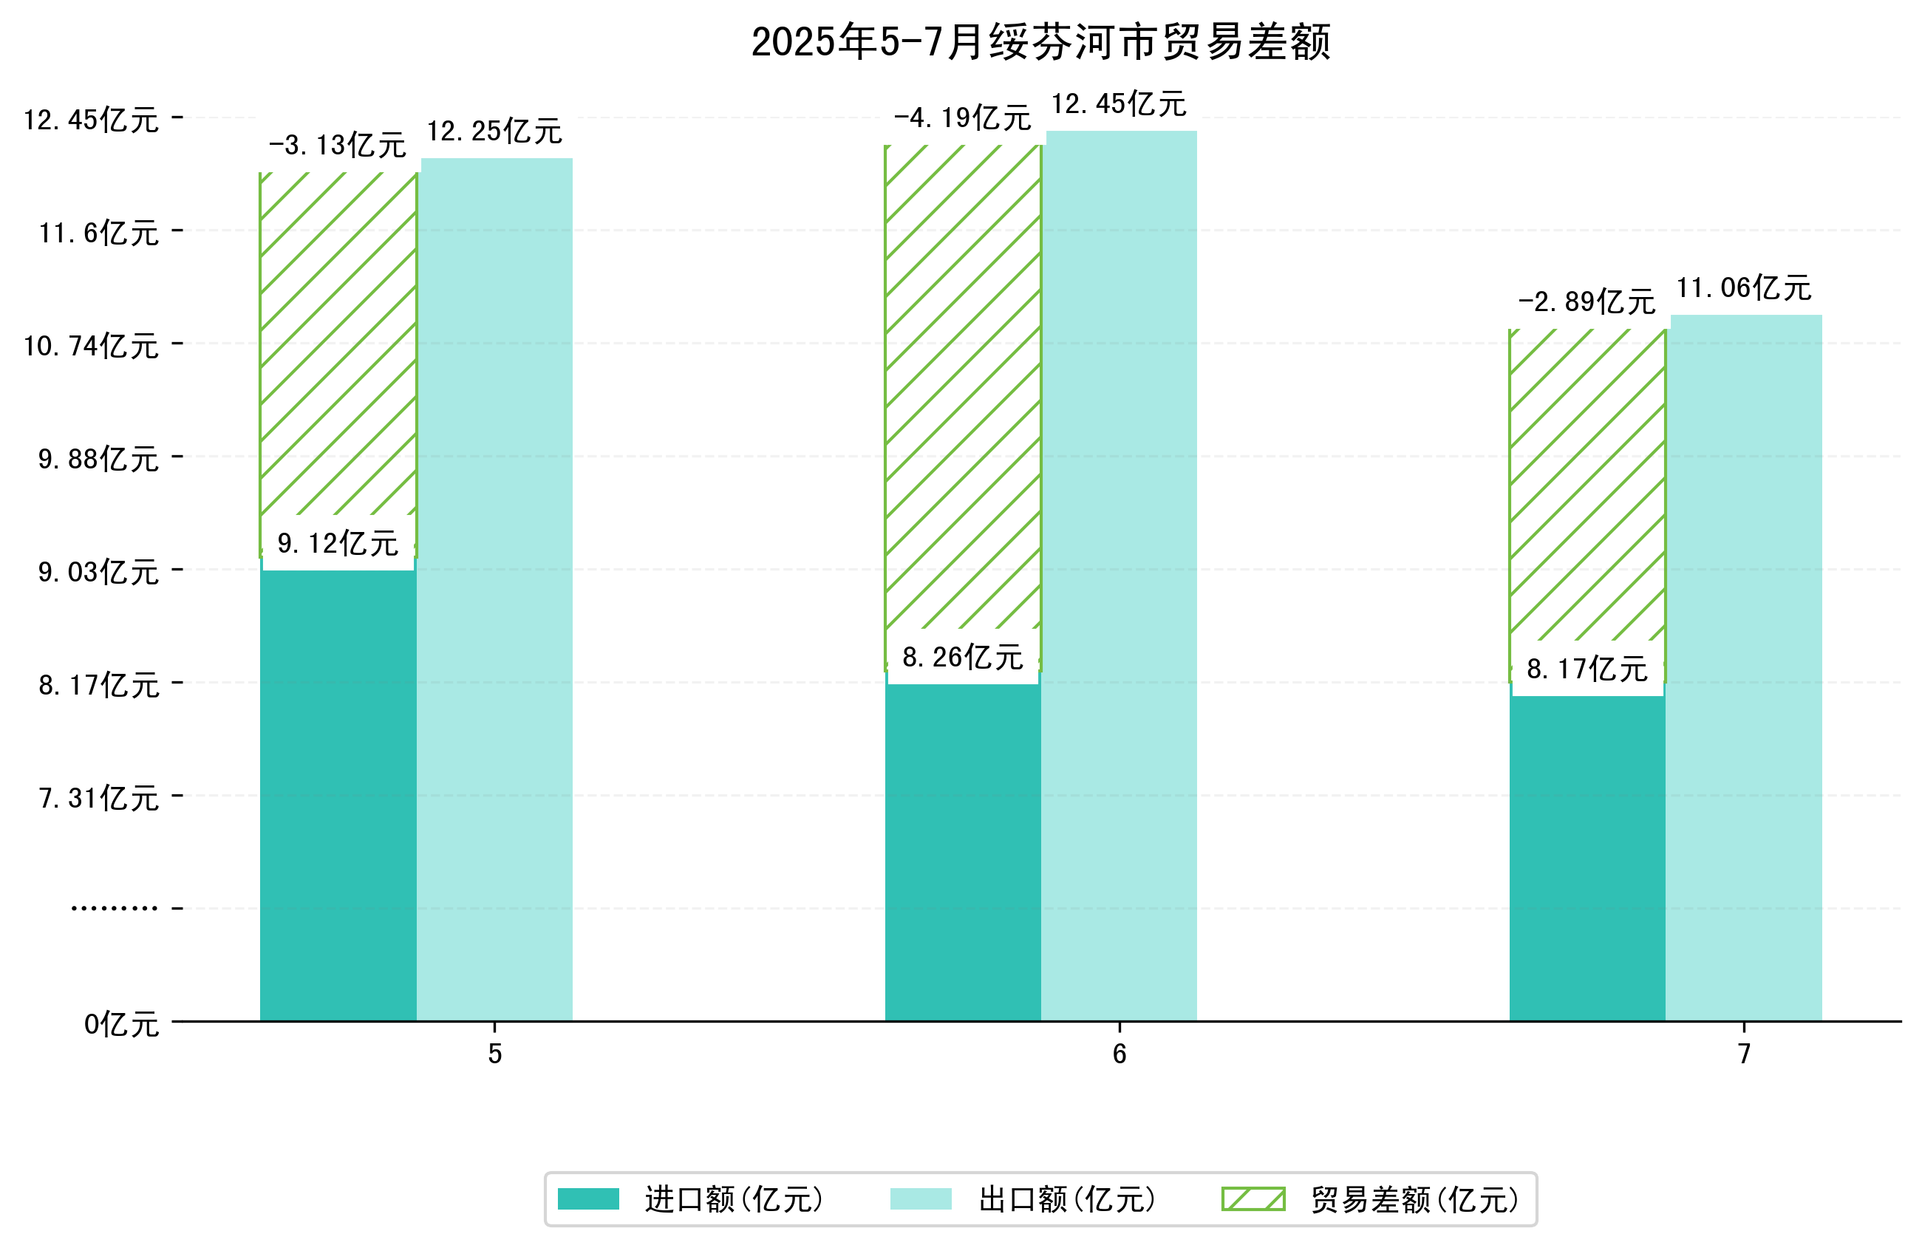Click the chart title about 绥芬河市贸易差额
click(1040, 42)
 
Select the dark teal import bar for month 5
click(338, 791)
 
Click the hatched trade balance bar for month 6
click(963, 388)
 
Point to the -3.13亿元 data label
click(338, 146)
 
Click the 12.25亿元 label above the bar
click(494, 131)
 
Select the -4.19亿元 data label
click(962, 119)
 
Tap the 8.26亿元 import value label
click(962, 658)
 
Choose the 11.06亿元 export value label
click(1743, 287)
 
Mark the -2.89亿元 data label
click(1586, 302)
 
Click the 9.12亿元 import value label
click(338, 543)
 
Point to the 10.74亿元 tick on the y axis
click(91, 346)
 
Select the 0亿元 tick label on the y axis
click(121, 1024)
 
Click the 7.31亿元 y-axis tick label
click(98, 798)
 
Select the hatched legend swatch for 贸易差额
click(1253, 1198)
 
